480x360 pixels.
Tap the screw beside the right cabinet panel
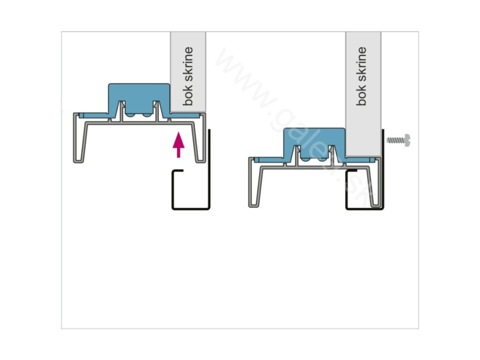(x=399, y=140)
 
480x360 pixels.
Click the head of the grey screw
(x=408, y=140)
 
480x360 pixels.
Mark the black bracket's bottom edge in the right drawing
(x=364, y=208)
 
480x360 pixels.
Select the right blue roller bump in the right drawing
(x=323, y=159)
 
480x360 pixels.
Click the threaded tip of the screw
(x=389, y=140)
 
